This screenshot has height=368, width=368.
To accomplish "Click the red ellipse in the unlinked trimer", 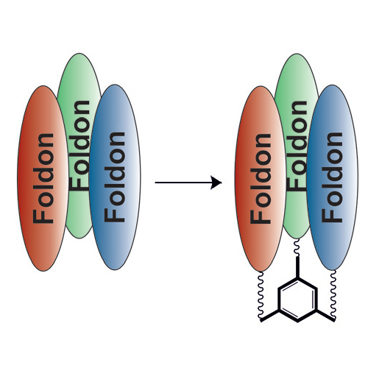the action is pos(43,178).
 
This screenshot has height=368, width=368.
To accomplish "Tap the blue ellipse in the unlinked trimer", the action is pos(115,177).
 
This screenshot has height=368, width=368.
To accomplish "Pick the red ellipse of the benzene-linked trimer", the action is pos(261,179).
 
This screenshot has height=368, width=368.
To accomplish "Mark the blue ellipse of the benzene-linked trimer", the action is pos(333,177).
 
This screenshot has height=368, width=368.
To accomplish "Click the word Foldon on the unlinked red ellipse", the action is pos(43,178).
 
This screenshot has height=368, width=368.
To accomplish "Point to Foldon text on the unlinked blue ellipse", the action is pos(115,177).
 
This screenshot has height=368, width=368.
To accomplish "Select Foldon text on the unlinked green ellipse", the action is pos(80,145).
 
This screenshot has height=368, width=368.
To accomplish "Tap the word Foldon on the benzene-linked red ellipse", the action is pos(261,179).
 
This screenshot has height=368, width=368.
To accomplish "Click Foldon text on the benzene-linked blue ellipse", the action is pos(332,177).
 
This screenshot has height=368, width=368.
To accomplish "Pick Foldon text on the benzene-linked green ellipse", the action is pos(297,146).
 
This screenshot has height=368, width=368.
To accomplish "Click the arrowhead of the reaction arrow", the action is pos(216,183).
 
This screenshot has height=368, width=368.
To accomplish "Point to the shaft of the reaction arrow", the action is pos(183,183).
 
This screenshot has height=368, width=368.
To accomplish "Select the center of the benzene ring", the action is pos(297,300).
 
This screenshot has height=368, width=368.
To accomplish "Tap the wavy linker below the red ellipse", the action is pos(260,294).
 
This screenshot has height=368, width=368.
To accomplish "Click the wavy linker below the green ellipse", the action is pos(297,247).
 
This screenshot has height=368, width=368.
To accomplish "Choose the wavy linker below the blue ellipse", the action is pos(333,294).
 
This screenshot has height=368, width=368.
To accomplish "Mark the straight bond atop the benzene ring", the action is pos(297,267).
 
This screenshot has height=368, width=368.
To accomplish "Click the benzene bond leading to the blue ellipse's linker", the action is pos(325,315).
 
